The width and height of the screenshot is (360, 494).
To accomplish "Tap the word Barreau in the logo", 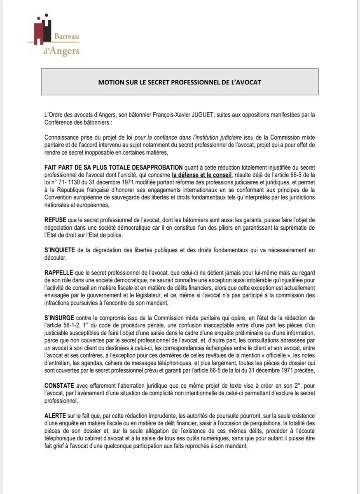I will [67, 37].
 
